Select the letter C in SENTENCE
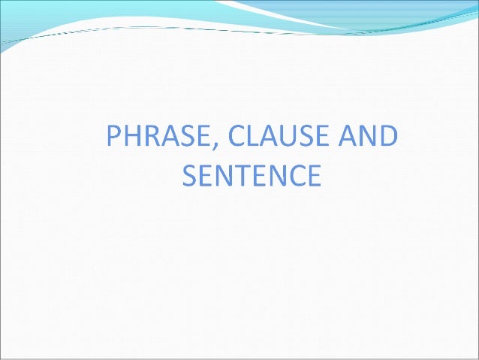click(x=299, y=177)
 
